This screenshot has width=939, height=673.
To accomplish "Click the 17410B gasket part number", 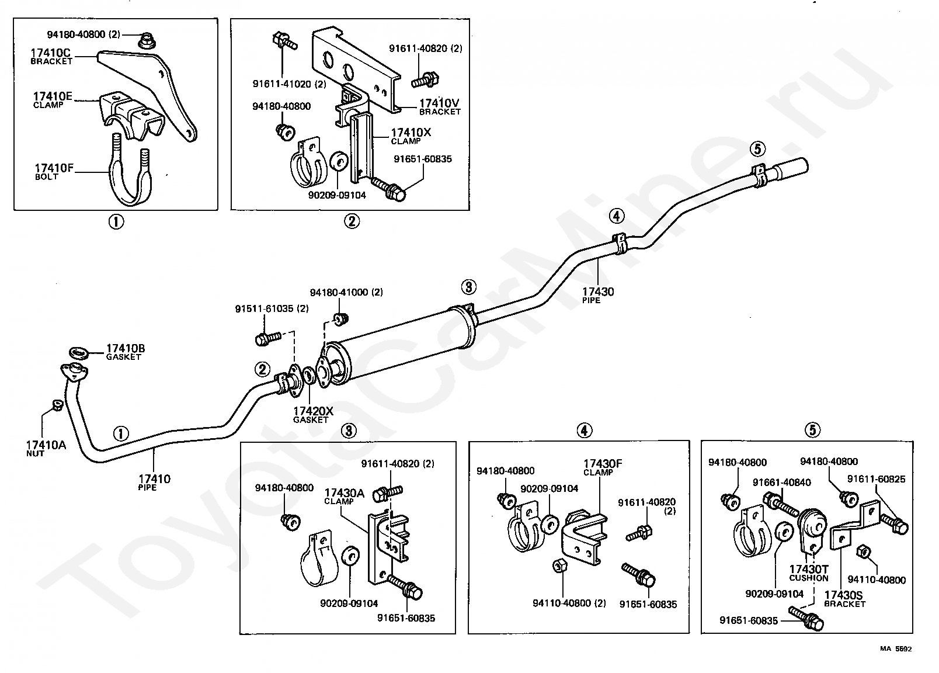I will click(126, 349).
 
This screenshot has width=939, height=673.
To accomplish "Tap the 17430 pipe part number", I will click(598, 292).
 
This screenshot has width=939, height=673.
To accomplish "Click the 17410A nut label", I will click(46, 446).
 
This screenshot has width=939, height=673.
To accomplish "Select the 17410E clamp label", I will click(53, 97).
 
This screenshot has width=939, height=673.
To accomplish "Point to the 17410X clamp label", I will click(411, 133).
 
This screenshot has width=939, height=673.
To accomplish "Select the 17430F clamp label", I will click(603, 464).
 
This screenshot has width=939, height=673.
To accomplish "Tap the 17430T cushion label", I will click(809, 570).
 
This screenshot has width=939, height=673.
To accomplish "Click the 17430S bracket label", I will click(844, 596).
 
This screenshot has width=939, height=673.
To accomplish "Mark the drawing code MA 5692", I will click(896, 648).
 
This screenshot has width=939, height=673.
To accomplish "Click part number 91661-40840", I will click(782, 482).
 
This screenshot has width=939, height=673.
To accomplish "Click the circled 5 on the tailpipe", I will click(757, 149).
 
